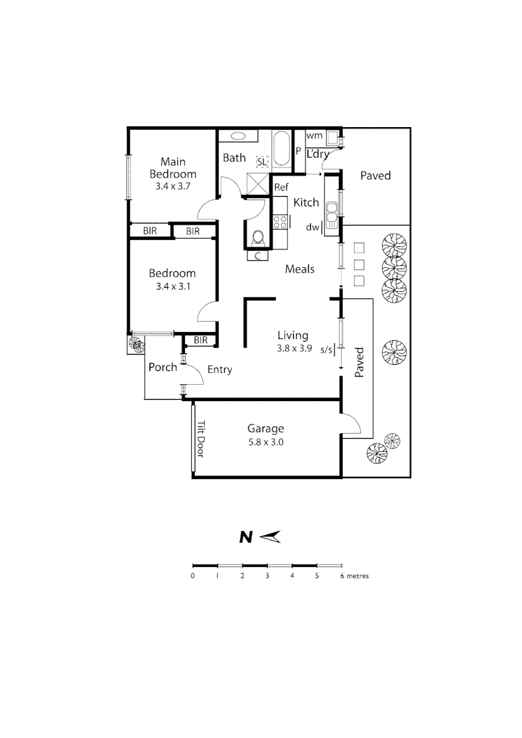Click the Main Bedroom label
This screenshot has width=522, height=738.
tap(173, 168)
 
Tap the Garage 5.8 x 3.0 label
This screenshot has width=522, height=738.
tap(265, 435)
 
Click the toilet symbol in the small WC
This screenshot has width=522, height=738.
tap(258, 238)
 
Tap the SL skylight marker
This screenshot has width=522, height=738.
tap(262, 162)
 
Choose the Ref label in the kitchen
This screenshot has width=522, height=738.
tap(281, 187)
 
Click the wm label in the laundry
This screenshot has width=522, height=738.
tap(314, 136)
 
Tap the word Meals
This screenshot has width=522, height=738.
tap(300, 269)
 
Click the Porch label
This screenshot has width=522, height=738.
tap(163, 367)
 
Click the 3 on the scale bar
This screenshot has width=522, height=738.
tap(267, 576)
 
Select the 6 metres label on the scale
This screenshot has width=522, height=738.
tap(354, 576)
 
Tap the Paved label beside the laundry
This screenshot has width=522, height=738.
tap(375, 176)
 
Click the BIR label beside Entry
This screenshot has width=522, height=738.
tap(200, 340)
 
